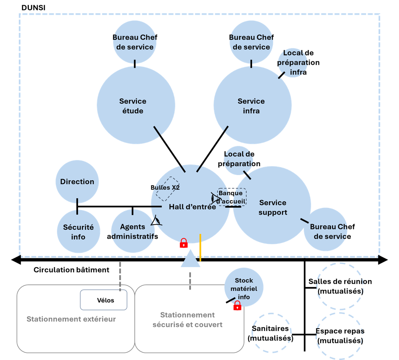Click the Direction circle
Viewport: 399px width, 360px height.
click(77, 182)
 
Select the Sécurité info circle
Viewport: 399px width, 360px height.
click(78, 232)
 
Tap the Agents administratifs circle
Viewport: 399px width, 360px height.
click(133, 231)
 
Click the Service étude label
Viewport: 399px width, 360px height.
click(133, 106)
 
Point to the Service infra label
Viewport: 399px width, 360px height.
click(251, 106)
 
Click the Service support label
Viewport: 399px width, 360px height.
click(273, 207)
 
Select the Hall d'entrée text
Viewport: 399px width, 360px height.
click(192, 207)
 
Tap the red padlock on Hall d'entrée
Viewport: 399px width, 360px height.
click(184, 243)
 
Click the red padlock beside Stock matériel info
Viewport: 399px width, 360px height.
click(237, 306)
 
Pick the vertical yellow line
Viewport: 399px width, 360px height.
click(200, 247)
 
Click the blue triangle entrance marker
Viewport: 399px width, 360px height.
click(191, 259)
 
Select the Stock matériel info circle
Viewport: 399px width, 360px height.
click(244, 287)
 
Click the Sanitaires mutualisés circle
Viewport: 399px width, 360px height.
click(270, 333)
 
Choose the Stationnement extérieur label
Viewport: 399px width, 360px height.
click(71, 319)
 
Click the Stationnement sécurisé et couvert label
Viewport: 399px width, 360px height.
click(187, 320)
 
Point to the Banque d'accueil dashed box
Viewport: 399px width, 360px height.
click(232, 198)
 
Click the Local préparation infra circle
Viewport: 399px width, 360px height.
click(293, 63)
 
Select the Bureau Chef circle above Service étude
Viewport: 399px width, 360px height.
click(134, 42)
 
